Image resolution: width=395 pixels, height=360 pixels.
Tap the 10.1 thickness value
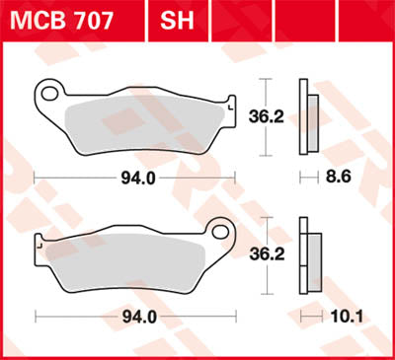click(341, 317)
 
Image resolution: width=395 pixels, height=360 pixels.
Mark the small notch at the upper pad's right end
click(230, 102)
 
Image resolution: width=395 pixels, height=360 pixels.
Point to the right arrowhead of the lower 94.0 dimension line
click(237, 317)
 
